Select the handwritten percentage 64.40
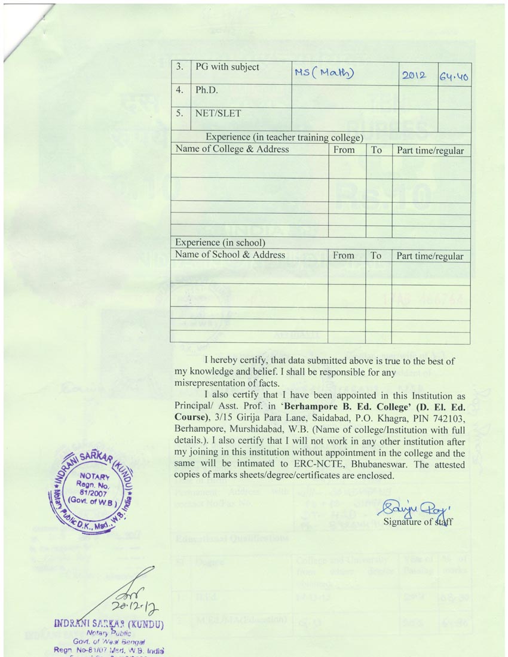click(454, 75)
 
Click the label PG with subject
click(227, 67)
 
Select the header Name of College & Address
click(232, 149)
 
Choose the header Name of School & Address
click(230, 255)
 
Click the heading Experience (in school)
click(219, 243)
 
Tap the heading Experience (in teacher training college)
click(284, 137)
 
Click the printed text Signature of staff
click(418, 521)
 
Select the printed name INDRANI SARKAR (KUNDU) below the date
click(109, 625)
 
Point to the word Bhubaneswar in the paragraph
click(359, 464)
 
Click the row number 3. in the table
click(179, 67)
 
